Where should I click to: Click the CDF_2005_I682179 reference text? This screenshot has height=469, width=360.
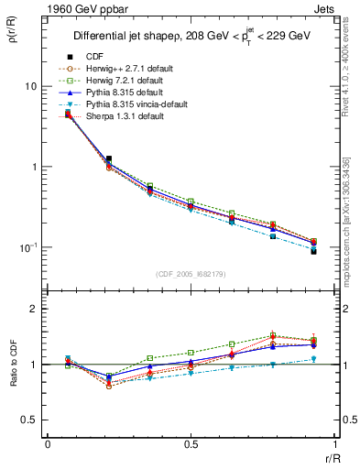[x=191, y=274]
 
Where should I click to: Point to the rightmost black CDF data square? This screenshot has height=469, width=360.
[x=313, y=251]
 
